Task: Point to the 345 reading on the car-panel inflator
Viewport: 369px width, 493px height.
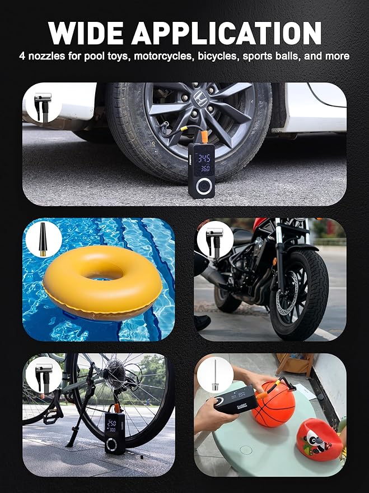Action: (202, 159)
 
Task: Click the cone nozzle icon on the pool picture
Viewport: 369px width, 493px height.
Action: (42, 238)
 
